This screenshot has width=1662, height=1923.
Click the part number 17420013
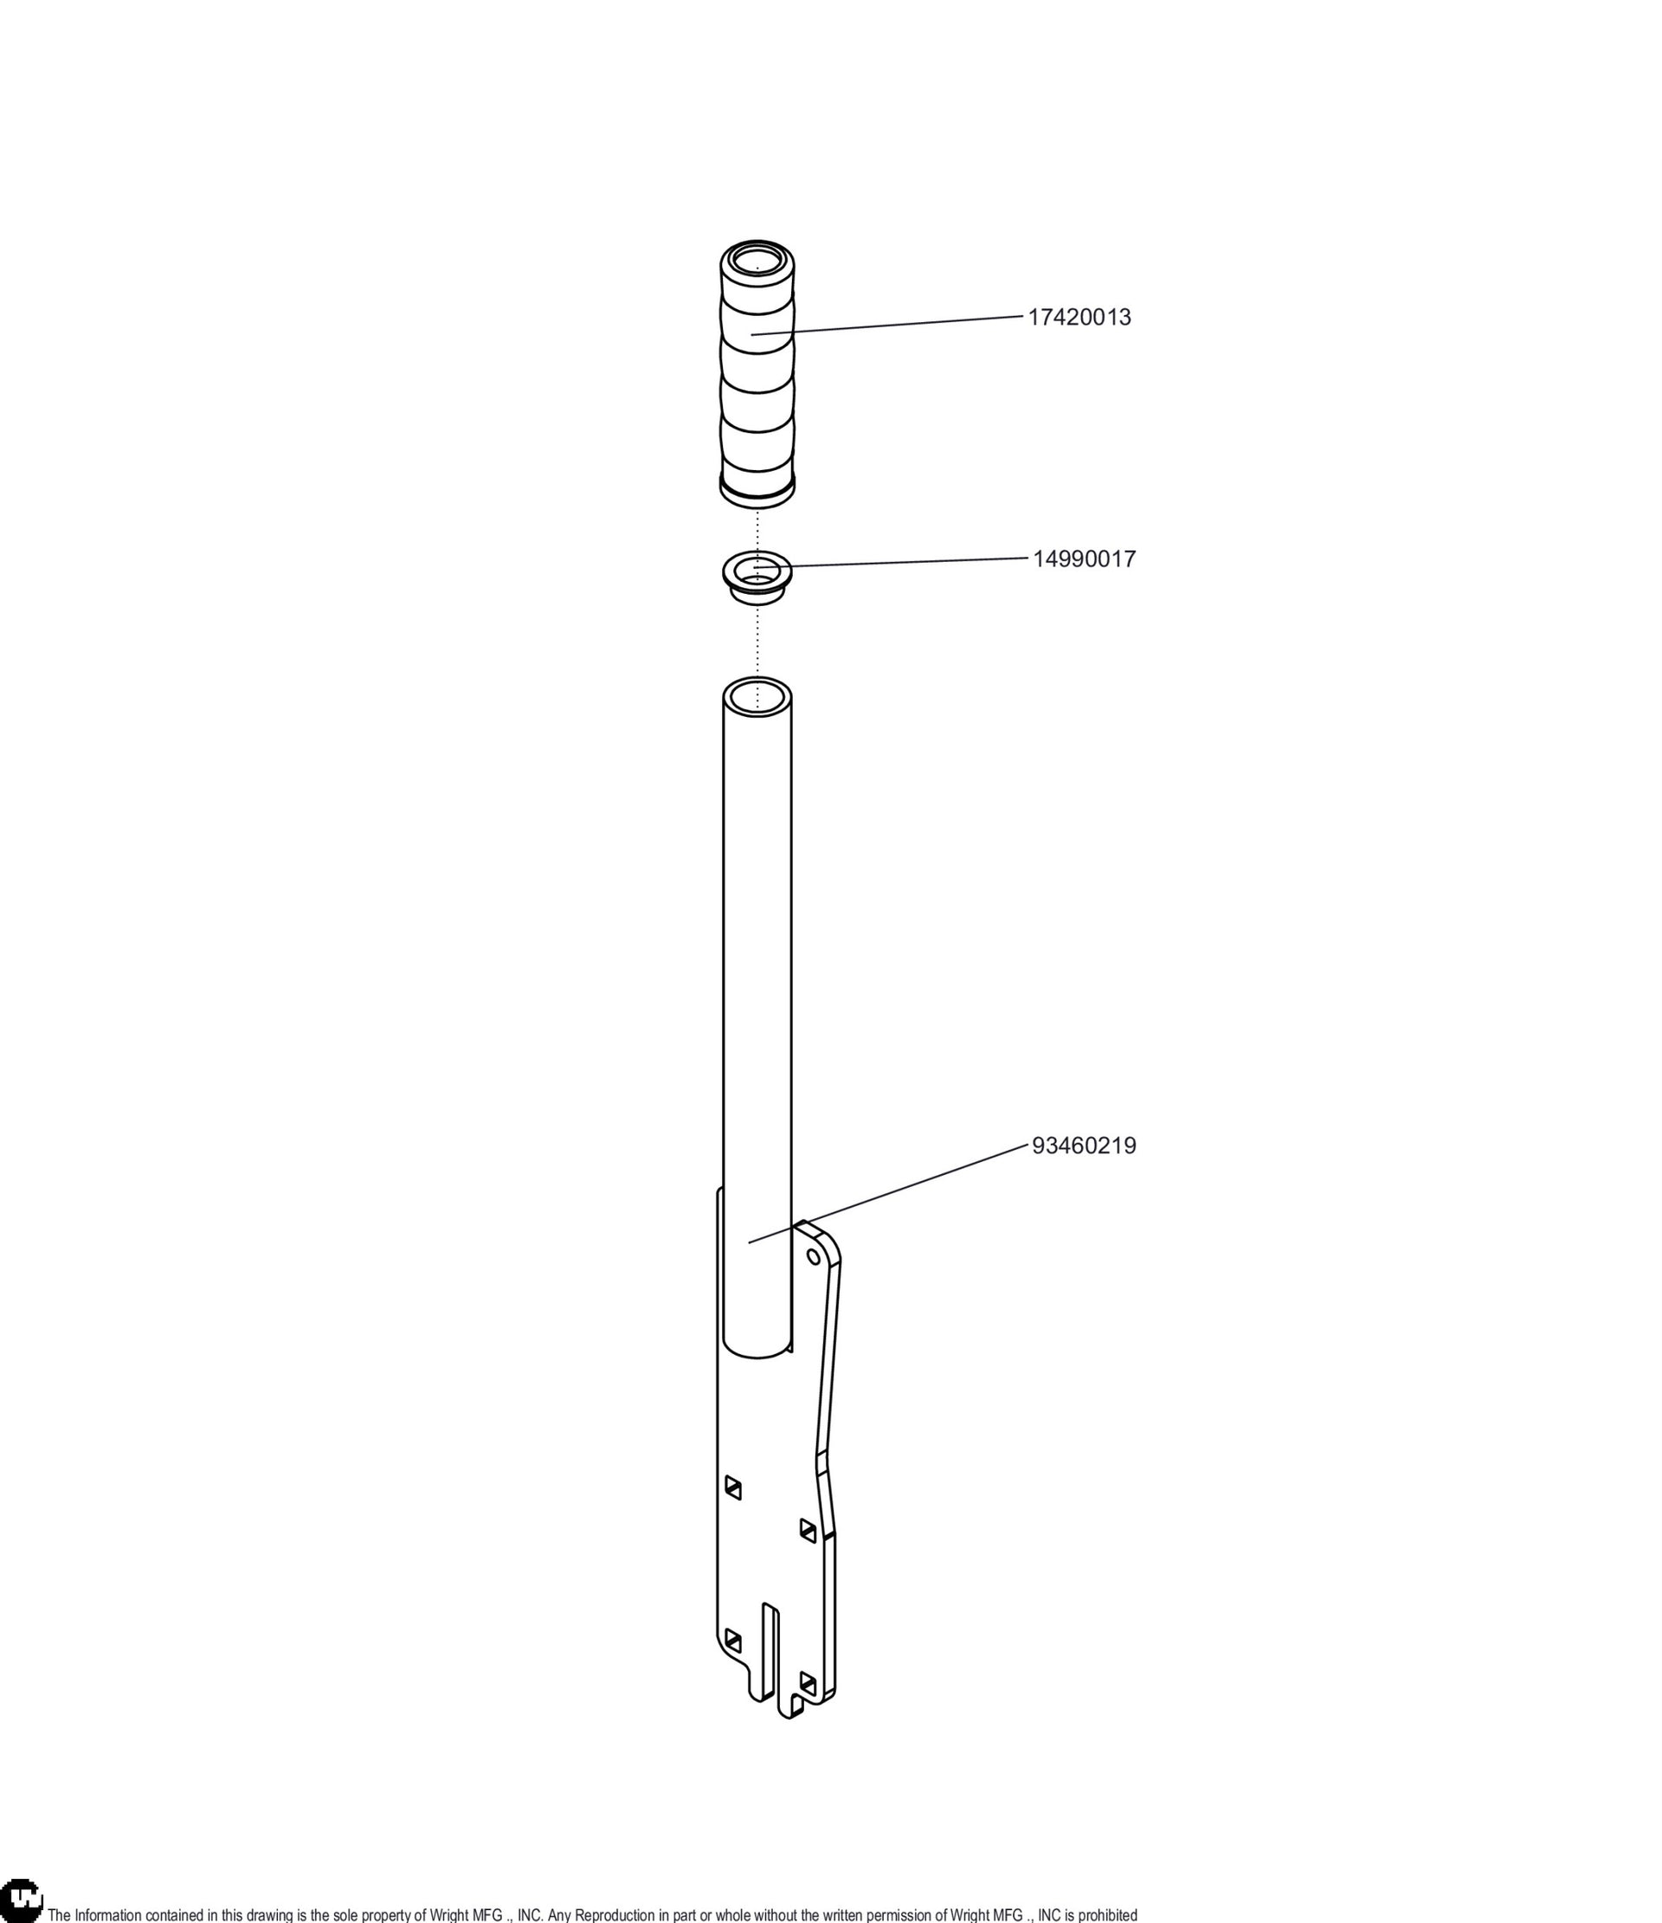(1079, 318)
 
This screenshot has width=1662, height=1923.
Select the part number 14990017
(1084, 559)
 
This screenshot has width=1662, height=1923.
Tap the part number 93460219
(1084, 1146)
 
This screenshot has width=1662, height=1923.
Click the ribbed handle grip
(757, 375)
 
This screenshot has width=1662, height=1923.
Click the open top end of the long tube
(757, 695)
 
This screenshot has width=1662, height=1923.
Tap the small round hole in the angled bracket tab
(814, 1256)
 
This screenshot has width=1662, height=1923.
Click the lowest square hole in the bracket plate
(808, 1707)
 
